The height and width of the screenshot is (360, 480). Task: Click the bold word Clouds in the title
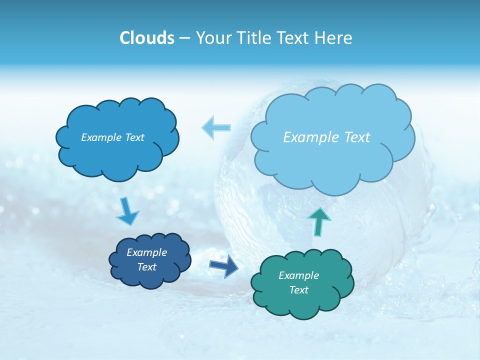[x=147, y=38]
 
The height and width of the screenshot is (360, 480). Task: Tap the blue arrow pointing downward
[x=127, y=211]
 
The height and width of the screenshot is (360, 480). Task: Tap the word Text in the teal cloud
[x=299, y=290]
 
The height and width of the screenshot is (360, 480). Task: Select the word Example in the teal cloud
[x=299, y=275]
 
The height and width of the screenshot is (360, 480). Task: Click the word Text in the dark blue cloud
[x=147, y=267]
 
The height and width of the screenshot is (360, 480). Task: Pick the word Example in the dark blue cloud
[x=147, y=252]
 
